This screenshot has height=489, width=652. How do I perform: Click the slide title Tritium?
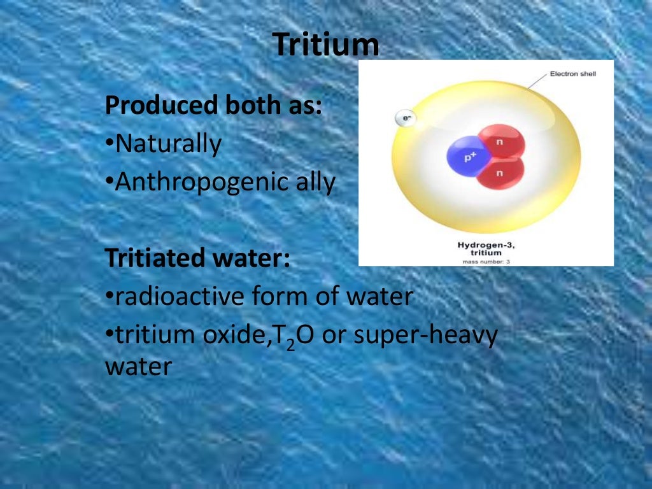pos(326,45)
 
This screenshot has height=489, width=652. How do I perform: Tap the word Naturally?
pos(168,145)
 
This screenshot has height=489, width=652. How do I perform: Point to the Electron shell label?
pos(572,74)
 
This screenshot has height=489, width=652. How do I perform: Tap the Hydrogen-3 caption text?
pos(486,244)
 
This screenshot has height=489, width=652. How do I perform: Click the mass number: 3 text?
pos(486,261)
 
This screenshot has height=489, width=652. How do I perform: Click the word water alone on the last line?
pos(138,367)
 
